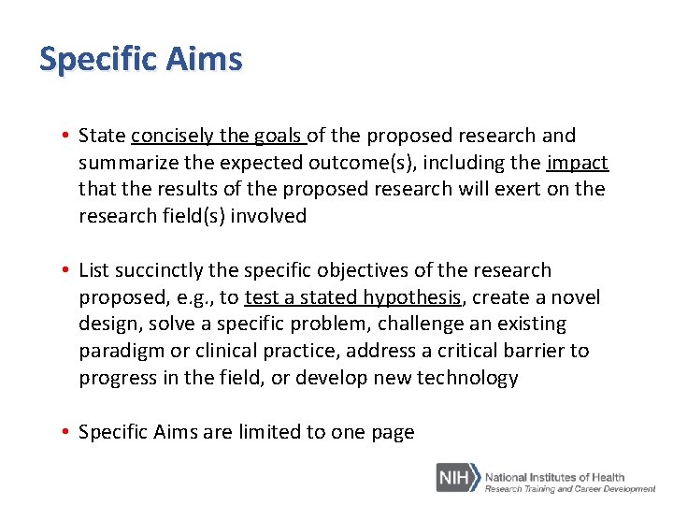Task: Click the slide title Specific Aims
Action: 140,60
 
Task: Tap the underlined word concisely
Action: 173,137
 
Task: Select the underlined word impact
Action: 577,163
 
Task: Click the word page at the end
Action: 393,433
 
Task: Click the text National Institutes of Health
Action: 554,476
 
